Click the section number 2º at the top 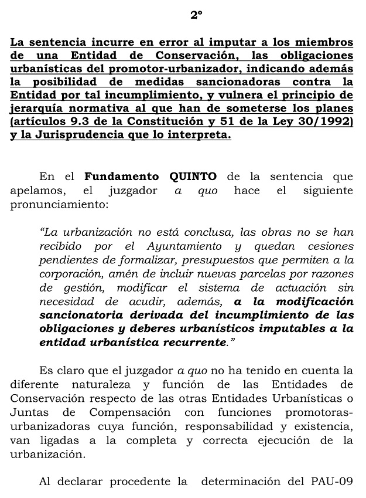[x=196, y=16]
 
